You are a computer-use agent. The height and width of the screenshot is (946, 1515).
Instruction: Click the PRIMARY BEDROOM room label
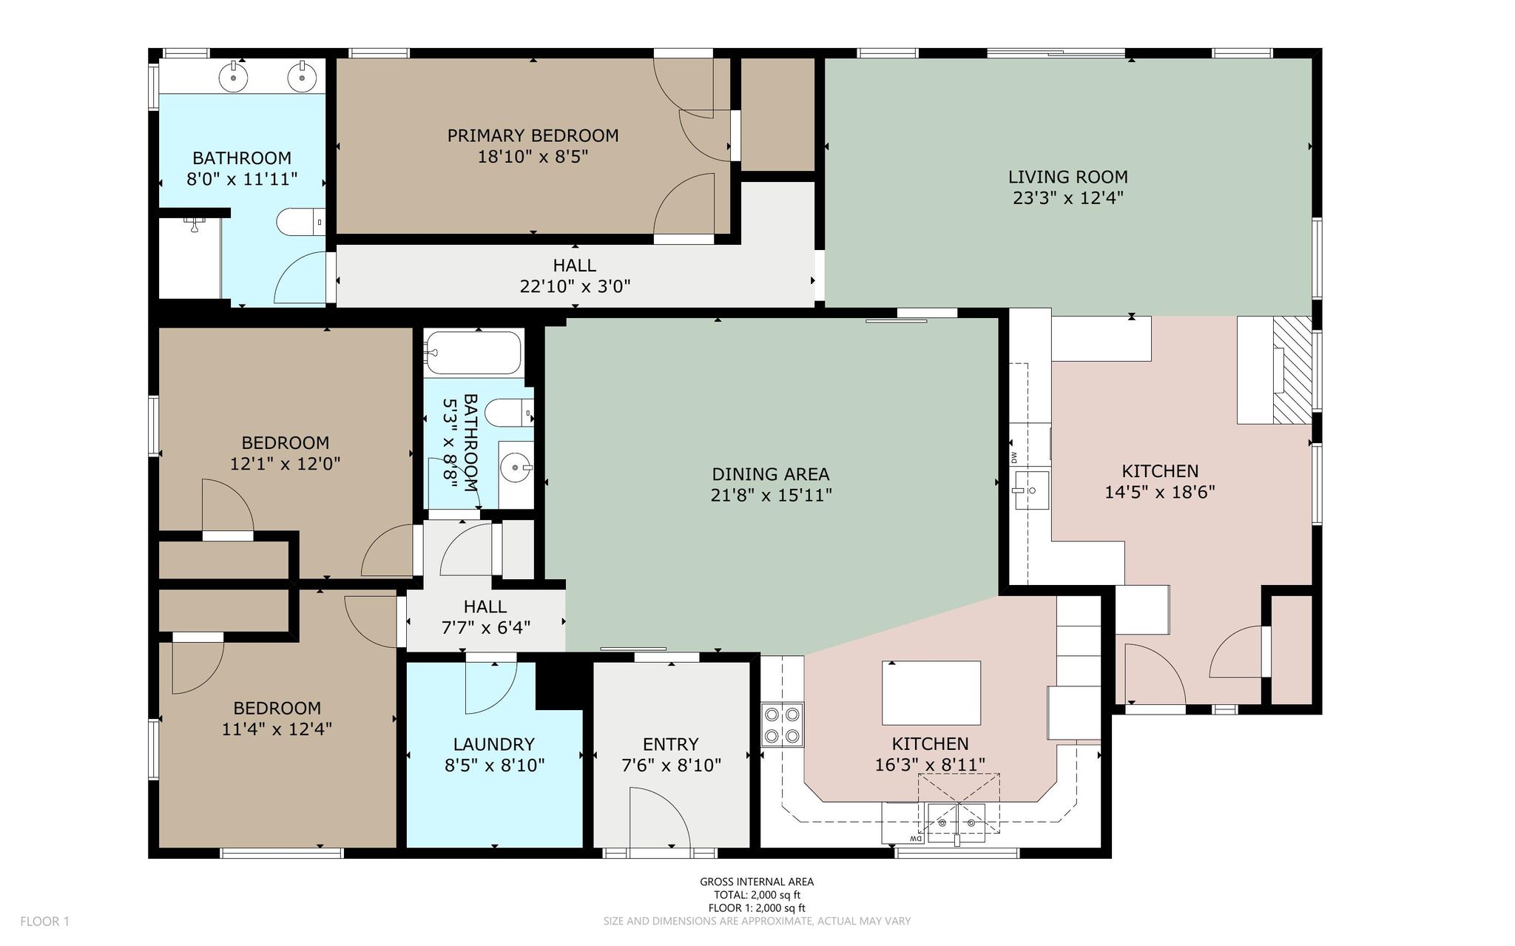coord(533,136)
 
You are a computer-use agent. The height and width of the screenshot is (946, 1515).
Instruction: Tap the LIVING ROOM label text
coord(1067,178)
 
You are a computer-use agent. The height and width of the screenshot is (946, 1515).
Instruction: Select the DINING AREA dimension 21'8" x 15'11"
coord(772,496)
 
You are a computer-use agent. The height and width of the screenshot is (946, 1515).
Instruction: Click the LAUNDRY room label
coord(494,745)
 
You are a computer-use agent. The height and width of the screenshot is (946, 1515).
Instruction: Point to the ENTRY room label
coord(671,745)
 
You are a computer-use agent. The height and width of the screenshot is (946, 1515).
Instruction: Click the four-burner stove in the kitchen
coord(783,725)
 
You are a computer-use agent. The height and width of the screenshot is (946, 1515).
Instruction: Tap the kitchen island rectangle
coord(931,693)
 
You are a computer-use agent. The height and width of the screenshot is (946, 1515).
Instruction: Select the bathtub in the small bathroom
coord(474,353)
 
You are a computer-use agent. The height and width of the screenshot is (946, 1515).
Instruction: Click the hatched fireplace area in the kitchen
coord(1292,370)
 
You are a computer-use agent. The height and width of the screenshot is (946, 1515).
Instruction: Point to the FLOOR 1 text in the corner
coord(44,922)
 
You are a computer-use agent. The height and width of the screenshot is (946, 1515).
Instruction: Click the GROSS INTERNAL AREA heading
coord(757,882)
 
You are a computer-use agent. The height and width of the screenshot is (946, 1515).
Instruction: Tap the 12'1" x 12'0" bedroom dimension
coord(285,464)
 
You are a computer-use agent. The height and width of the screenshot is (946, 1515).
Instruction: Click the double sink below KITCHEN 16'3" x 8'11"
coord(958,822)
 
